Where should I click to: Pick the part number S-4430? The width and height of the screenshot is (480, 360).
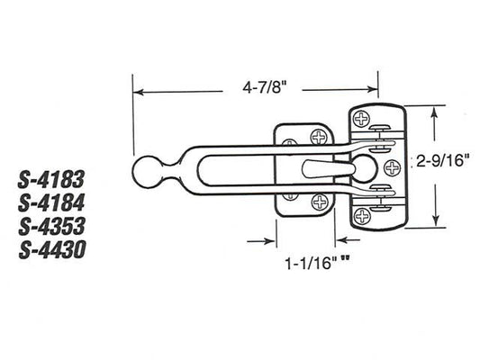(51, 247)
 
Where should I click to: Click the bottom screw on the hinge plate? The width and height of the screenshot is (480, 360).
(362, 215)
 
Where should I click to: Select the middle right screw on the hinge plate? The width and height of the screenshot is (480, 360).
(393, 166)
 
